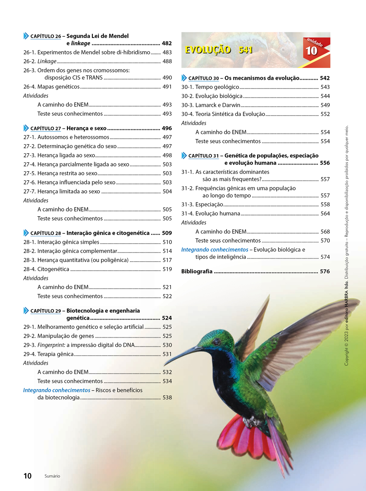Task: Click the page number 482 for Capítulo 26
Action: pos(167,43)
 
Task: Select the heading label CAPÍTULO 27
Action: pos(46,128)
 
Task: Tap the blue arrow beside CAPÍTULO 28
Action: pos(26,233)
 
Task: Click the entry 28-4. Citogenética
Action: pos(46,269)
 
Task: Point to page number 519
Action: pos(167,269)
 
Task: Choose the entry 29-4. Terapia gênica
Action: pos(48,354)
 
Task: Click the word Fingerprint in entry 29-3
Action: pos(51,345)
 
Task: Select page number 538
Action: pos(167,397)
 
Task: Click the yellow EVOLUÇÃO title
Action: pos(208,50)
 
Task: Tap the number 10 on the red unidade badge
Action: pos(311,51)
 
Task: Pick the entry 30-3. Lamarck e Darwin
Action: pos(211,105)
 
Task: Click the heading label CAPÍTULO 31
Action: pos(203,156)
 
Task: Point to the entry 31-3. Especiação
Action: pos(202,205)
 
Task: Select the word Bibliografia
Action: pos(197,271)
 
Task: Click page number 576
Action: pos(325,271)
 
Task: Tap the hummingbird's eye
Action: pos(217,342)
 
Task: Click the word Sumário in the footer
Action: pos(52,476)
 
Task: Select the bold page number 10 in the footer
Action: pos(27,476)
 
